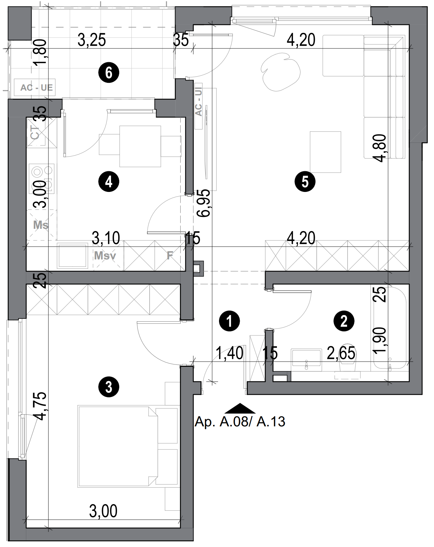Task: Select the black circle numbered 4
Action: coord(109,181)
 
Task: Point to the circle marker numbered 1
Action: coord(230,321)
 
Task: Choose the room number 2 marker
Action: coord(344,321)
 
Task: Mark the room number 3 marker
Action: coord(109,387)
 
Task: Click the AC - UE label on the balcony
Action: coord(36,88)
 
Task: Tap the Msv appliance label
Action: coord(105,256)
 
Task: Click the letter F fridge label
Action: coord(170,256)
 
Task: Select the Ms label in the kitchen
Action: coord(41,225)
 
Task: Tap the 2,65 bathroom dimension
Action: coord(341,354)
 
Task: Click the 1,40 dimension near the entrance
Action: coord(230,354)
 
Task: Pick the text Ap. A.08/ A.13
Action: coord(240,422)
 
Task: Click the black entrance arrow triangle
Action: coord(240,408)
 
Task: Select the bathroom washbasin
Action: coord(306,359)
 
